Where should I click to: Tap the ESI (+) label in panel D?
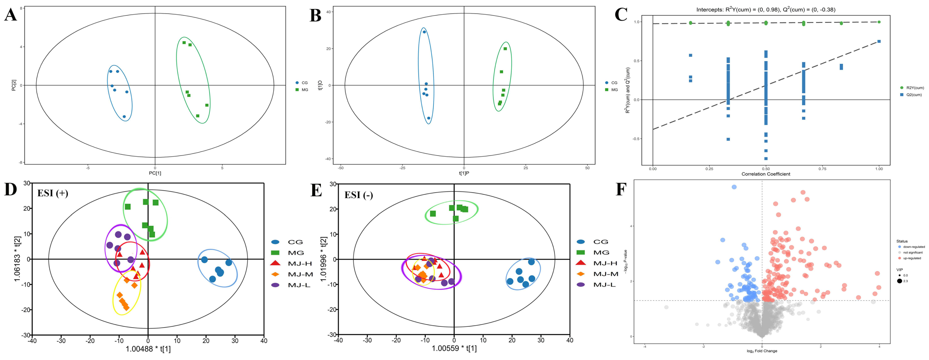click(x=53, y=193)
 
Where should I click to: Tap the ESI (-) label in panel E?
click(x=359, y=195)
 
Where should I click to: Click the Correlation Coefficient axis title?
click(x=766, y=174)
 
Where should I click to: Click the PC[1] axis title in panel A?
click(x=155, y=173)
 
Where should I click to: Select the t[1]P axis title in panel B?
click(x=464, y=173)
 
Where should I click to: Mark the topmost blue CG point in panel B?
click(x=424, y=32)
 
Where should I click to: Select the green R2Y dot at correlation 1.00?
click(x=879, y=22)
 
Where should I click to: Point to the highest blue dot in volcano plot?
click(x=734, y=187)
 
